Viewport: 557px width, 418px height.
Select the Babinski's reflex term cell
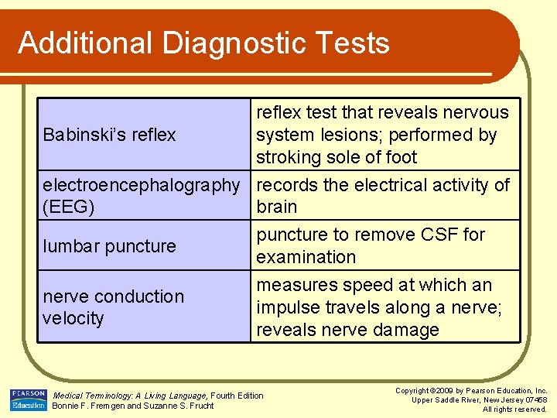point(110,135)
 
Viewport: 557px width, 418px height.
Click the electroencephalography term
point(142,186)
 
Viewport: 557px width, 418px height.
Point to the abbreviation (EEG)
point(69,207)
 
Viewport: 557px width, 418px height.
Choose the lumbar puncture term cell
point(110,246)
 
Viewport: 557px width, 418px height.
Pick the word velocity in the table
point(73,318)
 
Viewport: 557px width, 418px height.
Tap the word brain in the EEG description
point(277,207)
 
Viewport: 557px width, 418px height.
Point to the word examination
point(306,257)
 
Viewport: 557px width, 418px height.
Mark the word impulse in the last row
point(288,307)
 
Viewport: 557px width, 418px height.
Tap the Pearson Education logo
point(28,399)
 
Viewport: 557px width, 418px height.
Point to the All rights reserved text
point(514,409)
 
